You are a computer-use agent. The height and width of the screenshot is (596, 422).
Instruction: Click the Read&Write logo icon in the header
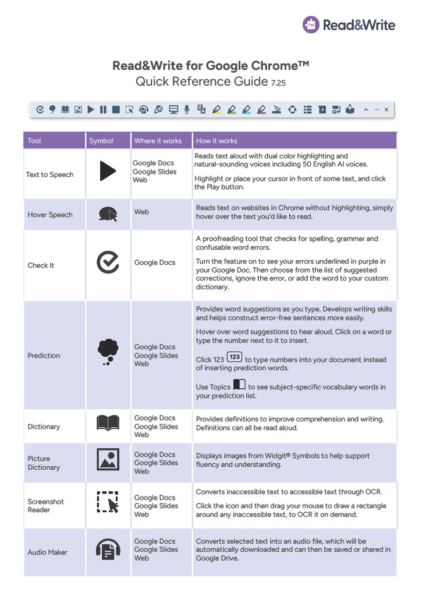[311, 24]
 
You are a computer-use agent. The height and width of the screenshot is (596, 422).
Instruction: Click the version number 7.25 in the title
[278, 83]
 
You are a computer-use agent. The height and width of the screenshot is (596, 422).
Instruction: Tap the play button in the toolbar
[91, 109]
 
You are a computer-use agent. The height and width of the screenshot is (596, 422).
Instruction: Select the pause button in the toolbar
[103, 109]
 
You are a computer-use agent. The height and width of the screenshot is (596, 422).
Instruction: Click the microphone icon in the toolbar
[187, 109]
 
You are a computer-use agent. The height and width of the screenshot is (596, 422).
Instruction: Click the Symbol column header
[101, 141]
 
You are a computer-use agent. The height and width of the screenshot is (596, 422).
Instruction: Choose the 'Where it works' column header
[158, 141]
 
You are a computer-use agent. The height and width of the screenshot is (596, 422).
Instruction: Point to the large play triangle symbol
[108, 171]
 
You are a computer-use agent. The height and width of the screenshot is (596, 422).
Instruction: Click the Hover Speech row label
[50, 215]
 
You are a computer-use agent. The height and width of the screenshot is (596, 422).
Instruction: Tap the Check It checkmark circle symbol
[108, 262]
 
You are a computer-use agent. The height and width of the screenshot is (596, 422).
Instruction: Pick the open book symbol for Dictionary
[108, 423]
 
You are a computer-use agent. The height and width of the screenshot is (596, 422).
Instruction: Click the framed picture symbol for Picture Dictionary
[108, 460]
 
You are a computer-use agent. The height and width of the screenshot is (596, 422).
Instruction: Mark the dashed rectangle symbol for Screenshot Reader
[108, 503]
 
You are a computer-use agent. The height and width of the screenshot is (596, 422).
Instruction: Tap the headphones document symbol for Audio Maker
[108, 548]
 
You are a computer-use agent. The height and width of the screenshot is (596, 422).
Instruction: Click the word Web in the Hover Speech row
[141, 212]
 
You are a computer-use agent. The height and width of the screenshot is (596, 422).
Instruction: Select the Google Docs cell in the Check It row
[155, 262]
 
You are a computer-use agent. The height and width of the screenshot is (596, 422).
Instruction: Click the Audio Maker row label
[47, 552]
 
